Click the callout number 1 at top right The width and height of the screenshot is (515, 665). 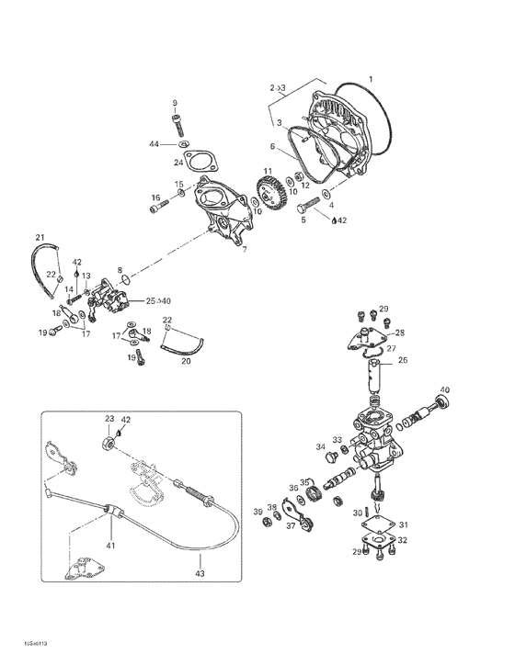tap(372, 79)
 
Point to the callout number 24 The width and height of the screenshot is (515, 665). tap(179, 163)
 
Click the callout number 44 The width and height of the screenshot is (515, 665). tap(155, 144)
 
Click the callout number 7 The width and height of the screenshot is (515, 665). tap(244, 249)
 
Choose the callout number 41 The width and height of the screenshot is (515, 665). tap(110, 546)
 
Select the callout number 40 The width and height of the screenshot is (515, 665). tap(445, 390)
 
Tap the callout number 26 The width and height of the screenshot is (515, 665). tap(401, 362)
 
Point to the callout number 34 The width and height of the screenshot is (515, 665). tap(322, 447)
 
